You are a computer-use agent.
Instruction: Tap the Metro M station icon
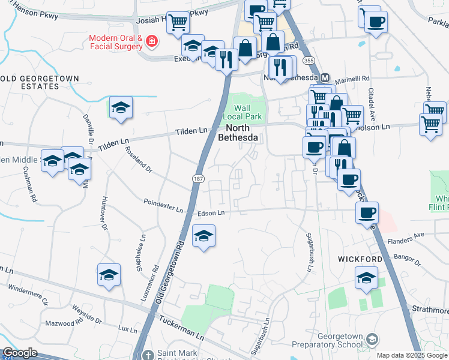pyautogui.click(x=325, y=78)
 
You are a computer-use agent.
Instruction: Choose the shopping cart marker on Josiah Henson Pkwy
pyautogui.click(x=178, y=23)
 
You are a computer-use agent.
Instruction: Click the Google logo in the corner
pyautogui.click(x=20, y=353)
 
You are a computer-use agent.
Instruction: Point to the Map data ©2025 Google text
pyautogui.click(x=412, y=355)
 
